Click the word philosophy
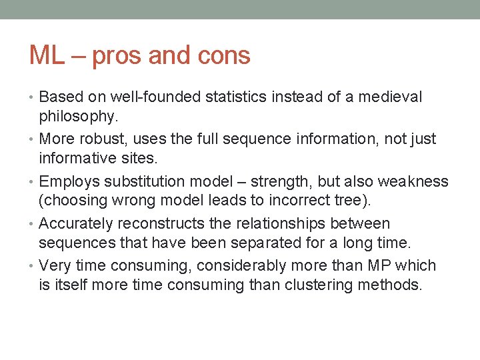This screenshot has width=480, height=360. [x=77, y=116]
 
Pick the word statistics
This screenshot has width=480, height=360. [x=236, y=97]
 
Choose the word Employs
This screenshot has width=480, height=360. [x=67, y=182]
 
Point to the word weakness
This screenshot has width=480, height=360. [x=413, y=182]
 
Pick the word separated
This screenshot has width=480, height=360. [x=211, y=243]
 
